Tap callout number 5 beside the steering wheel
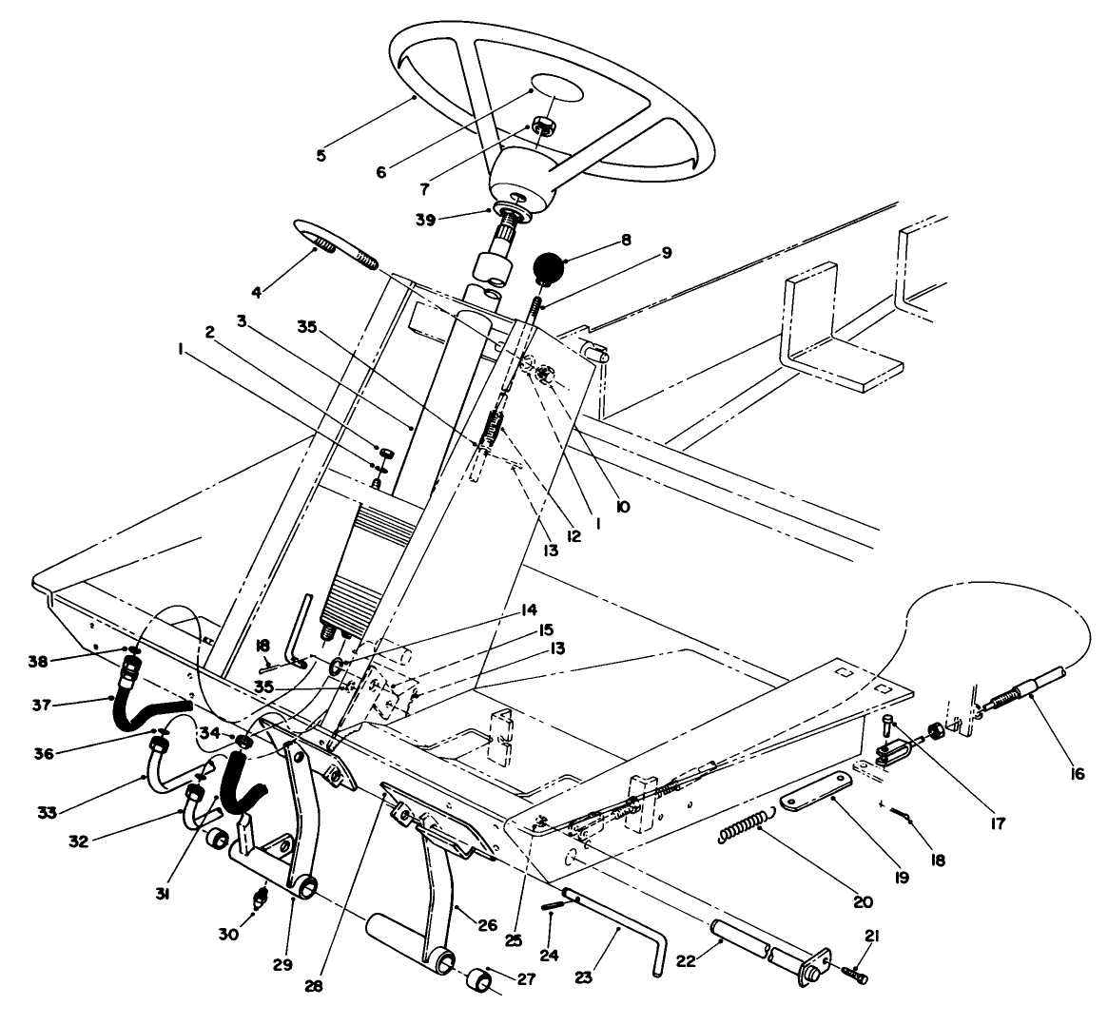click(x=321, y=155)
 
